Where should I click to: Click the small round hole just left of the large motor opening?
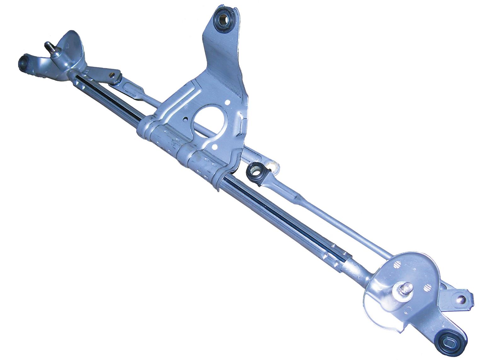click(186, 119)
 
